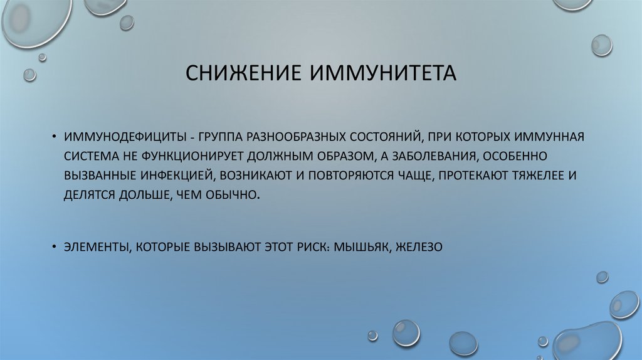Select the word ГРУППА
point(217,137)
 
